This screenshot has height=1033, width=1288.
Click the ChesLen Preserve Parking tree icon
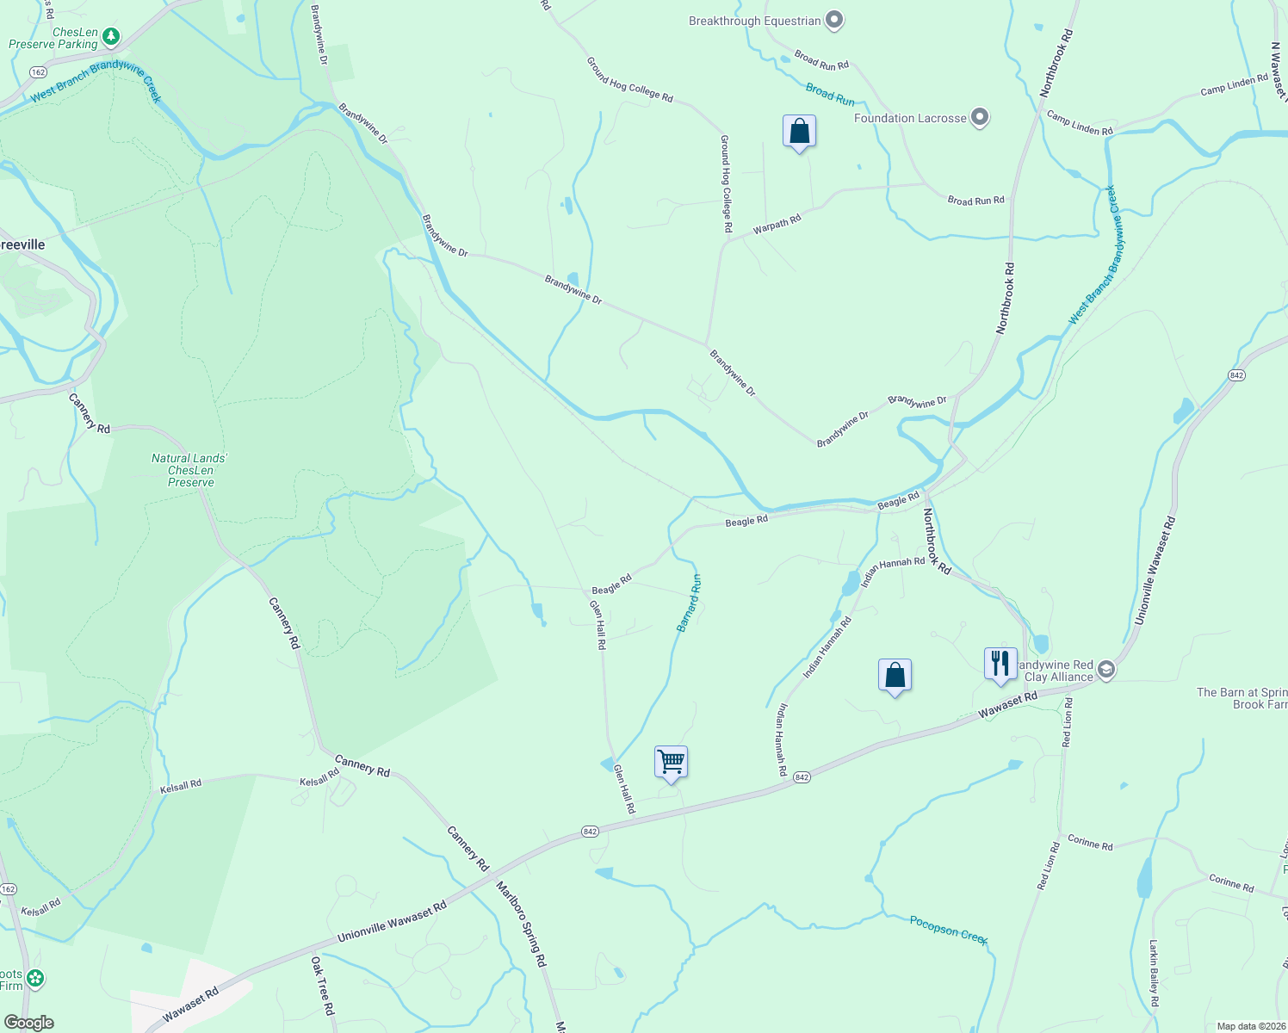point(110,36)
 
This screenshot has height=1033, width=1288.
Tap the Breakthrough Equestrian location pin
point(833,20)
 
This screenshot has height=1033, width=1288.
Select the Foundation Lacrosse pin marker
point(979,117)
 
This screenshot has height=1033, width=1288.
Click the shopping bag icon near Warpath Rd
point(799,132)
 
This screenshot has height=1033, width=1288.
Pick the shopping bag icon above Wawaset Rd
point(895,676)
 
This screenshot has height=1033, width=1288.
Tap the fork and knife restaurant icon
point(1000,664)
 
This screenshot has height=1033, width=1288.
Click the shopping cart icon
point(671,762)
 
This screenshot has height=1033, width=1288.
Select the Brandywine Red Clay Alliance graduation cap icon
point(1106,670)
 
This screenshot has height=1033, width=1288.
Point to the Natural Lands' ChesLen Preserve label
point(190,470)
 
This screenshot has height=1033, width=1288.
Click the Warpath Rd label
point(777,225)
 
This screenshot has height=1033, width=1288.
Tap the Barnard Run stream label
point(689,603)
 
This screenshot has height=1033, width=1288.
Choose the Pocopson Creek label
point(949,930)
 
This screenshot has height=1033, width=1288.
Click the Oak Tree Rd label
point(323,986)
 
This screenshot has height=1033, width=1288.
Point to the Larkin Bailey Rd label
point(1155,973)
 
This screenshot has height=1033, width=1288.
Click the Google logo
point(28,1023)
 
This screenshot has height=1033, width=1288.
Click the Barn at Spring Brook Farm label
point(1242,698)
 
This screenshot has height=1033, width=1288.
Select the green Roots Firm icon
point(34,979)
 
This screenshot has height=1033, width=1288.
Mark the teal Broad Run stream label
point(830,94)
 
